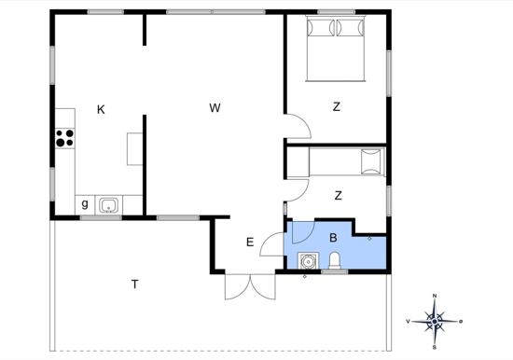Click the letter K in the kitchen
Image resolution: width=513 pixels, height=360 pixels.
click(101, 109)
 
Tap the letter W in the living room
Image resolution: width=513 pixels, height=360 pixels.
click(215, 107)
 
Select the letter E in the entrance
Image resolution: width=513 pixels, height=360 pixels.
click(250, 242)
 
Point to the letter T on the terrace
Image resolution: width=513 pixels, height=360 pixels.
click(135, 284)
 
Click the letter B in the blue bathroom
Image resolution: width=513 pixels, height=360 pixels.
click(333, 238)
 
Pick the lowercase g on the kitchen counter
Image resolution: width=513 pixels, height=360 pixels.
click(85, 204)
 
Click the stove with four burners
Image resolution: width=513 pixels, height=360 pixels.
click(64, 138)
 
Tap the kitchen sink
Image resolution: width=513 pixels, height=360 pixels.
click(108, 205)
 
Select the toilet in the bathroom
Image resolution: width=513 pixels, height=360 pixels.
click(335, 260)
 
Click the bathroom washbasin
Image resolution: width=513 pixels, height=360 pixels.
click(308, 261)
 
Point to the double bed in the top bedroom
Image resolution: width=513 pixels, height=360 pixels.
click(336, 48)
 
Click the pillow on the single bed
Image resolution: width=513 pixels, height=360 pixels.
click(371, 161)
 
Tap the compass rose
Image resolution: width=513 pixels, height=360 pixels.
click(435, 322)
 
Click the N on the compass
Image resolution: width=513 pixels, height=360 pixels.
click(435, 296)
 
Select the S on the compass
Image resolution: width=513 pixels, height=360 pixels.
click(435, 348)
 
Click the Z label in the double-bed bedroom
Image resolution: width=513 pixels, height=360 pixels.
click(337, 106)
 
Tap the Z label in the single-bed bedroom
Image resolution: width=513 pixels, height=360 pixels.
click(339, 195)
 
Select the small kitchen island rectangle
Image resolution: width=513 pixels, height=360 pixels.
click(135, 149)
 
